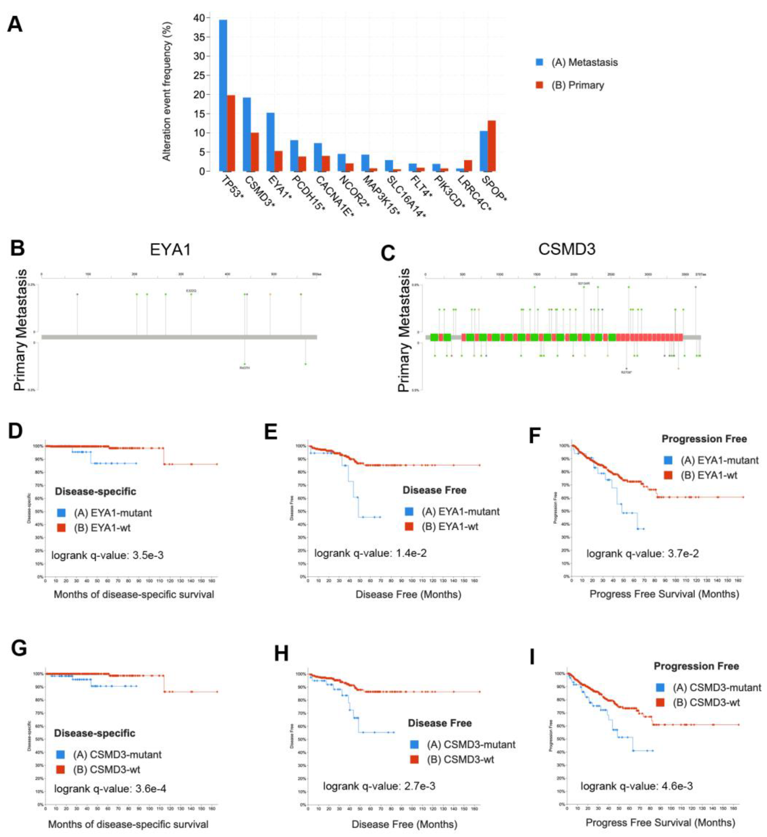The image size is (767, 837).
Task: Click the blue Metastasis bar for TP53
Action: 223,96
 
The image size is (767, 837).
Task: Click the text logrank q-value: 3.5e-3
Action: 107,555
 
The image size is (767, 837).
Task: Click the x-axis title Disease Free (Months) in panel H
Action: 404,824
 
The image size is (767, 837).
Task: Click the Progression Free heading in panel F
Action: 704,439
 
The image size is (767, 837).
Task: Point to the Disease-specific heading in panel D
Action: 96,491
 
